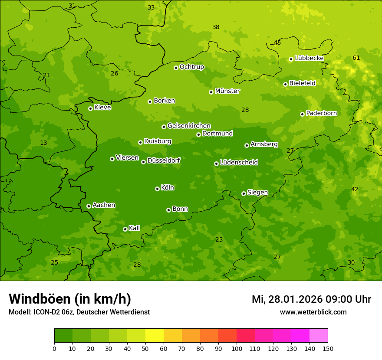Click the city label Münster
tap(227, 91)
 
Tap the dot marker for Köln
tap(157, 189)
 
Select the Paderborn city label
tap(322, 113)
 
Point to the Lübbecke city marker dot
tap(291, 59)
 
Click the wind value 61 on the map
tap(356, 58)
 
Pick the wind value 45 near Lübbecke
tap(277, 43)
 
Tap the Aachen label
tap(104, 205)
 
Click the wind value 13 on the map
tap(43, 143)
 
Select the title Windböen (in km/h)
tap(70, 299)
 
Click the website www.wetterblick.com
tap(313, 312)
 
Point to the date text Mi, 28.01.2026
tap(286, 299)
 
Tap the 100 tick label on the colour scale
tap(237, 348)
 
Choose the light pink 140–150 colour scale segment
tap(319, 336)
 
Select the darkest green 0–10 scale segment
tap(63, 336)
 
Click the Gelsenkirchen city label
tap(189, 126)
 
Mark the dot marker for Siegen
tap(244, 193)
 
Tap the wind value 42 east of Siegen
tap(355, 190)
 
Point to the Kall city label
tap(135, 228)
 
